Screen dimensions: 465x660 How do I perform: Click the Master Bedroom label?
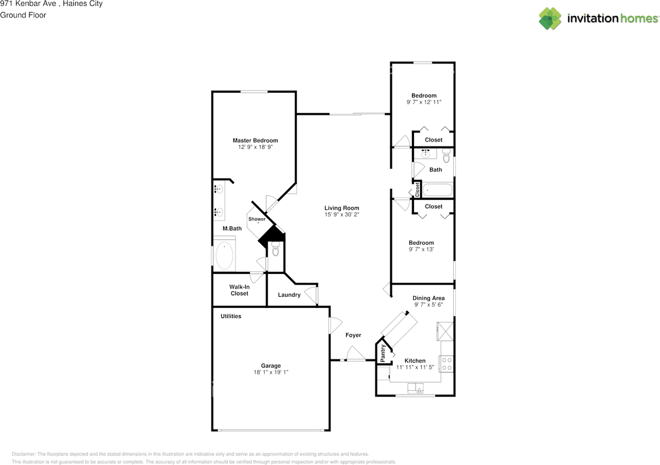255,141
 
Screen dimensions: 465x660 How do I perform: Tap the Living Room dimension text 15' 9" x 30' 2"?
342,215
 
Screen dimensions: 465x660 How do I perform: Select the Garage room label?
271,366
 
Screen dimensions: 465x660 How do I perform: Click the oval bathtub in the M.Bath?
224,256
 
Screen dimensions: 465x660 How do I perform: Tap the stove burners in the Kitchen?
447,364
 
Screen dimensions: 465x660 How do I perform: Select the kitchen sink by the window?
416,388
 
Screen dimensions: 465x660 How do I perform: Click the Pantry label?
383,354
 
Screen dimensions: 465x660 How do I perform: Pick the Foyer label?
353,335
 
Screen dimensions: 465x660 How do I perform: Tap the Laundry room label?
289,295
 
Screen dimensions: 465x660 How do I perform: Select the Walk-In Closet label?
239,290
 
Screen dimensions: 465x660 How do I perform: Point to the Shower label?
257,219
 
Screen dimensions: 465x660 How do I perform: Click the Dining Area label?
428,298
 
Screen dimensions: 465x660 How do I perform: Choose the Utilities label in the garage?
230,316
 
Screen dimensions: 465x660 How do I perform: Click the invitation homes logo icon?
550,18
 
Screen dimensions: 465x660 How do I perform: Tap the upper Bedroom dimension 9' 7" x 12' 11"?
423,102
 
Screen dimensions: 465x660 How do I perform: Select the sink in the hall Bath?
426,153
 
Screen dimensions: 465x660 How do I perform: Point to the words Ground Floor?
23,15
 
